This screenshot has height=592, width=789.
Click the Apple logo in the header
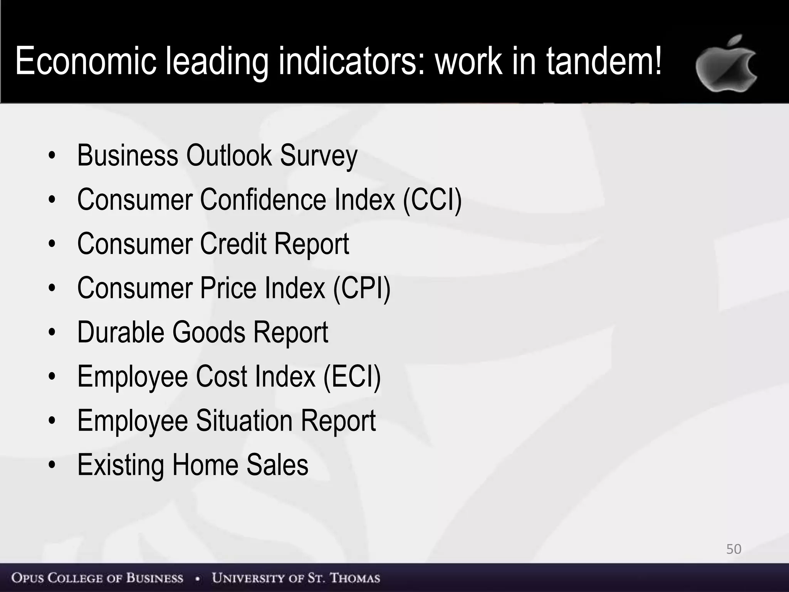coord(726,65)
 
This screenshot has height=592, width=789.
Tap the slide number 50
coord(734,549)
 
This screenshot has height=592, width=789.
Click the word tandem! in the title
coord(604,61)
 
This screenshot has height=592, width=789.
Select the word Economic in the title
coord(86,61)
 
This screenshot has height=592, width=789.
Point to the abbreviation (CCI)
coord(432,199)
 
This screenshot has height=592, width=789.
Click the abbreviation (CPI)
coord(361,288)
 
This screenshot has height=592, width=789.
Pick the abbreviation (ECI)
coord(352,376)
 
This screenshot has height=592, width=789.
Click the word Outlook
coord(229,155)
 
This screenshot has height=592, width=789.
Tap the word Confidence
coord(263,199)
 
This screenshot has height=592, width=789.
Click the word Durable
coord(120,332)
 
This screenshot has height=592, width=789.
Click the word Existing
coord(120,465)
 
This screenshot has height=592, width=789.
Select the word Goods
coord(208,332)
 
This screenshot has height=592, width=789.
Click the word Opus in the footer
coord(27,578)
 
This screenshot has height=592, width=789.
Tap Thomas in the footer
coord(355,578)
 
